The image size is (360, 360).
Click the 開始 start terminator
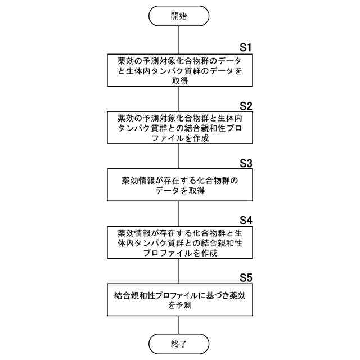(x=179, y=16)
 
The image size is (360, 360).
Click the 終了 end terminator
(x=179, y=342)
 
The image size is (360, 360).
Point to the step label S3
(x=246, y=163)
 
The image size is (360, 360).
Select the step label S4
(x=246, y=219)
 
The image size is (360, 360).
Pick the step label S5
(x=246, y=277)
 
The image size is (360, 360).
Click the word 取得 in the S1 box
(x=179, y=80)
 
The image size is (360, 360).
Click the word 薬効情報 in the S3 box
(x=139, y=181)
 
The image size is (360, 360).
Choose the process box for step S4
(x=179, y=243)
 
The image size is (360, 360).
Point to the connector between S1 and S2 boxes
(x=179, y=99)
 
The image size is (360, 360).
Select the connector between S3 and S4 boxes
(x=179, y=214)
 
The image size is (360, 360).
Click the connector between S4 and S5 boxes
(x=179, y=272)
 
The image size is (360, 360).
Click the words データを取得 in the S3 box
(x=179, y=191)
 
